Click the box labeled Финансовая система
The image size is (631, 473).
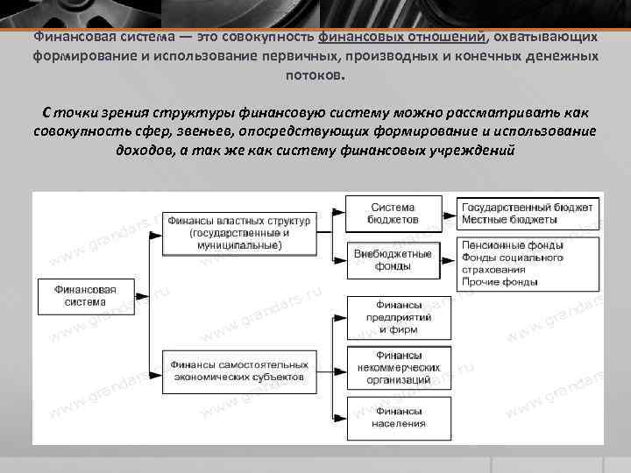[85, 294]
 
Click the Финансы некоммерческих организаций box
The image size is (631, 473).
[400, 368]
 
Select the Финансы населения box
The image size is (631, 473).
[400, 418]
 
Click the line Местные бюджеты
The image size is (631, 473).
[509, 220]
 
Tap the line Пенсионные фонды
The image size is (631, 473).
[512, 246]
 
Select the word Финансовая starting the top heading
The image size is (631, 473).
[73, 38]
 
